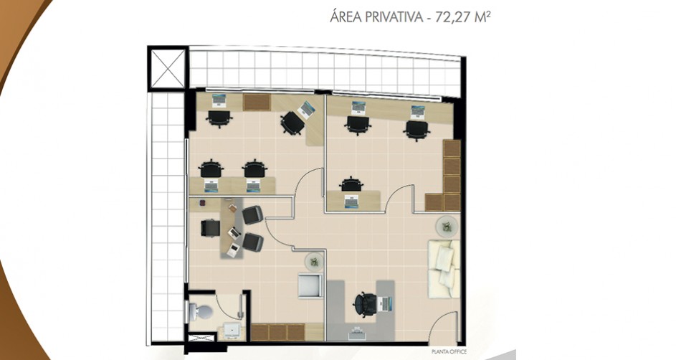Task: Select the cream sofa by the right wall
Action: (444, 268)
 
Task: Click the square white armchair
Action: (310, 285)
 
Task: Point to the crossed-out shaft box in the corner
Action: (168, 69)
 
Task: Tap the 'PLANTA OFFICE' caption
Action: (449, 352)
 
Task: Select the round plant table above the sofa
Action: (447, 225)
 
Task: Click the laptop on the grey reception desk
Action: (386, 303)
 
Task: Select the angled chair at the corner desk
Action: (292, 123)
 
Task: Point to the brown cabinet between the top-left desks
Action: (257, 103)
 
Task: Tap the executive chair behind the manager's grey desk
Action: (210, 227)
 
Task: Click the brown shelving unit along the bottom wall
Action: (279, 332)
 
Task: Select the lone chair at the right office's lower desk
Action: (352, 184)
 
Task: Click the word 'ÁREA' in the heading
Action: (346, 16)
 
